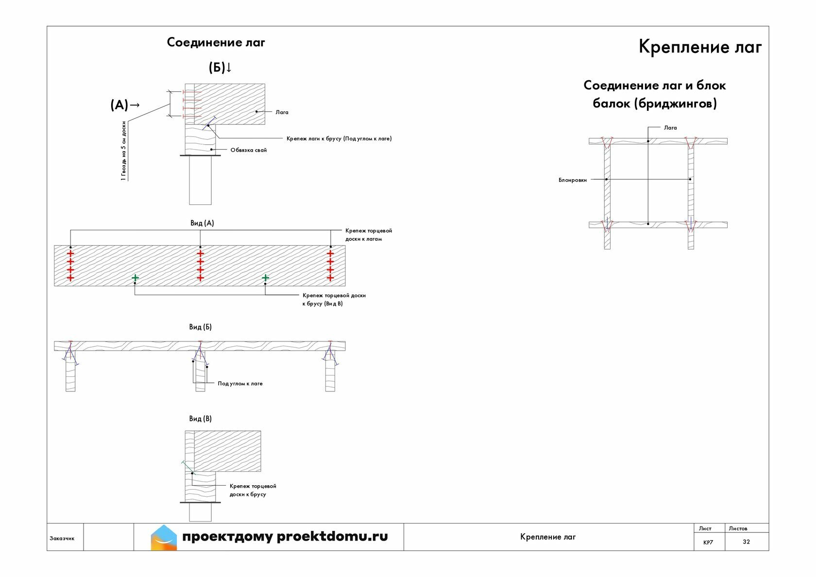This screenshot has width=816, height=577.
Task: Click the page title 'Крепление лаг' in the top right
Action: pyautogui.click(x=700, y=48)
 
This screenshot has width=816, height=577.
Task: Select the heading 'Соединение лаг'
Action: pyautogui.click(x=216, y=42)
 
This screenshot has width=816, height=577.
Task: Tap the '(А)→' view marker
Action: pyautogui.click(x=125, y=105)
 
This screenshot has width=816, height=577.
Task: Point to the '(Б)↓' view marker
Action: pyautogui.click(x=220, y=68)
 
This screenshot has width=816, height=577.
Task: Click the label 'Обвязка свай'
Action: pyautogui.click(x=249, y=150)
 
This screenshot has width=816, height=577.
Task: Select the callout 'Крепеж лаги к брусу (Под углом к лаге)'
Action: pyautogui.click(x=339, y=138)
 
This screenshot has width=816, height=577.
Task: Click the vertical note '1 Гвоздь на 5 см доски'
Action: pyautogui.click(x=124, y=151)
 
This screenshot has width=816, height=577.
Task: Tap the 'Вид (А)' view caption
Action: pyautogui.click(x=202, y=223)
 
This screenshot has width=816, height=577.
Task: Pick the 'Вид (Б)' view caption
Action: pyautogui.click(x=200, y=327)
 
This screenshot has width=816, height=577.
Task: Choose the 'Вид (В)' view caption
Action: pyautogui.click(x=200, y=419)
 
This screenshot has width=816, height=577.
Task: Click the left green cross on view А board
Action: pyautogui.click(x=135, y=278)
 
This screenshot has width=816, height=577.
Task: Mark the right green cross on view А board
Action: pyautogui.click(x=265, y=278)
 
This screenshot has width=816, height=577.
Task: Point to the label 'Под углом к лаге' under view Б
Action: pyautogui.click(x=240, y=384)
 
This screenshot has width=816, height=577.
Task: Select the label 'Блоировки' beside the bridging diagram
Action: pyautogui.click(x=573, y=180)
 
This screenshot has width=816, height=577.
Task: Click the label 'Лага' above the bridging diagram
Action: pyautogui.click(x=670, y=127)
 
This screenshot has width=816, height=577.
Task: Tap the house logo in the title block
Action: pyautogui.click(x=164, y=537)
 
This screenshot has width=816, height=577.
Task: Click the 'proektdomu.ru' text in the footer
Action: pyautogui.click(x=332, y=537)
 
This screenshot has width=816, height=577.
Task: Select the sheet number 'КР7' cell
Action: pyautogui.click(x=708, y=543)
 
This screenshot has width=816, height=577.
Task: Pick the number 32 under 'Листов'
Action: pyautogui.click(x=747, y=542)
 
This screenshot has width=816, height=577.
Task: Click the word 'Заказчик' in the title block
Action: pyautogui.click(x=62, y=538)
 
